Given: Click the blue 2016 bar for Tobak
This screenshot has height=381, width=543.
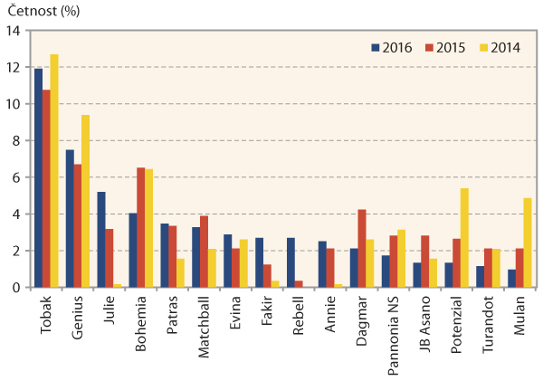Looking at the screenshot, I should (x=39, y=177).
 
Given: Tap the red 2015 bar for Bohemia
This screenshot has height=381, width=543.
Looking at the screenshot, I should (x=140, y=227).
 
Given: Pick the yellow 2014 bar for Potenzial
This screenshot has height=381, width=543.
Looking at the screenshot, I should (x=464, y=237).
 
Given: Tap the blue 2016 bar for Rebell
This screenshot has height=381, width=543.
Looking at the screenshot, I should (x=290, y=262).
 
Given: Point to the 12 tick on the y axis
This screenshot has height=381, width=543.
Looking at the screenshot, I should (x=14, y=67).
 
